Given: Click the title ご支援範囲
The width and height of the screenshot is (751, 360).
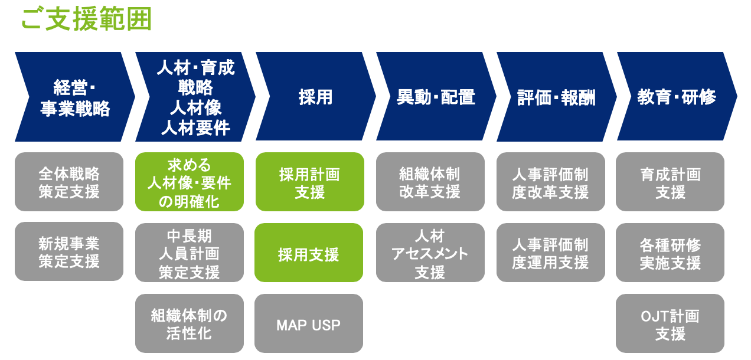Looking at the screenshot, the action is coord(87,19).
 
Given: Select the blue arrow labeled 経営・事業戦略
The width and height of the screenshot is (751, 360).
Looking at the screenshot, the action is coord(75,97).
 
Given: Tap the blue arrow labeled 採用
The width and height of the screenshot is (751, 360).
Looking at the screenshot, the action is coord(315,97).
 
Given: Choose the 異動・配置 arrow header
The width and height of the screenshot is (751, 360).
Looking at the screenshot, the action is coord(436,97).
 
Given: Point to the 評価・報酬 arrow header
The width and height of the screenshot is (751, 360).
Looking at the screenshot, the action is coord(556,97).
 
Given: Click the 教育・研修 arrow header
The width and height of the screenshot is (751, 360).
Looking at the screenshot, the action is coord(677,97).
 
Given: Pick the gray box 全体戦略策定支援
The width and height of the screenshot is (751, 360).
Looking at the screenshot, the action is coord(69,182).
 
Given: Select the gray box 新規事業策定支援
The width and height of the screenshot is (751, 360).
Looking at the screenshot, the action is coord(69,251).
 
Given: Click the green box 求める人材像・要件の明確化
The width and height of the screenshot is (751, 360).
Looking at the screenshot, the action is coord(190,182).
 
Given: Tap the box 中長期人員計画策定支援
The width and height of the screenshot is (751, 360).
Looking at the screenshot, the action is coord(190,253).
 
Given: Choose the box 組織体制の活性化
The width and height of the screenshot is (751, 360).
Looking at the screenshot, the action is coord(190,323).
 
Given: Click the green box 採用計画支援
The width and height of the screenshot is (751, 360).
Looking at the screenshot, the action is coord(310,182).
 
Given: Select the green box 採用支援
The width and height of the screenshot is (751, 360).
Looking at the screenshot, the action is coord(309,253).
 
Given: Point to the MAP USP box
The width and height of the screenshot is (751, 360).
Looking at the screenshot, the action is coord(309,323).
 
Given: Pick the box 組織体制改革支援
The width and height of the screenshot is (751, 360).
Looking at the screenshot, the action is coord(430,182).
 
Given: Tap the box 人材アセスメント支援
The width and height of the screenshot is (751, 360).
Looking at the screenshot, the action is coord(430,253).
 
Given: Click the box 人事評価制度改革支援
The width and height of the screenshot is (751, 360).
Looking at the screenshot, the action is coord(550,182).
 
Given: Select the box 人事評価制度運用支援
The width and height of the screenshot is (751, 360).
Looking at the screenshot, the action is coord(550,253).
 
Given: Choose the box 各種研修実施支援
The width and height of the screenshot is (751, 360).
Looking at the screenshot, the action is coord(670,253).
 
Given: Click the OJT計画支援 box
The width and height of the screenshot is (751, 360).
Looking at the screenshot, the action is coord(670,323).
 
